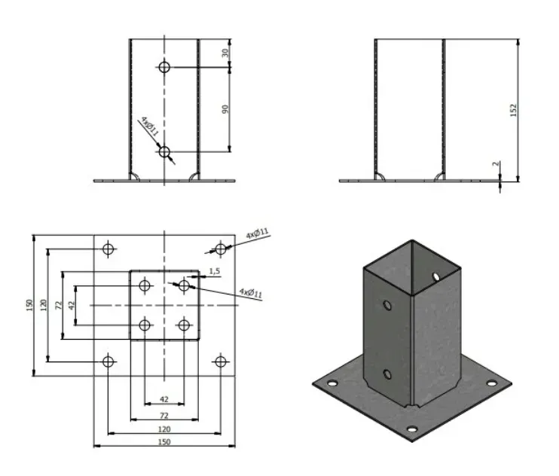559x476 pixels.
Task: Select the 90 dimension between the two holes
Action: pos(225,109)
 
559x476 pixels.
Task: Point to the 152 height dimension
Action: pos(514,110)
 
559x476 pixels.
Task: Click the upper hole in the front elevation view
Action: pos(165,67)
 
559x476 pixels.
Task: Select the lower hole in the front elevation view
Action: pos(165,152)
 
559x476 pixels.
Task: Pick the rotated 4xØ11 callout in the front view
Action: pos(148,127)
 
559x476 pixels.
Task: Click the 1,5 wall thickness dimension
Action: pos(214,270)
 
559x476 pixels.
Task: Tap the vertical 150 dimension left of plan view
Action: pos(29,305)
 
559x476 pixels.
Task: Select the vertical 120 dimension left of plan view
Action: pos(44,305)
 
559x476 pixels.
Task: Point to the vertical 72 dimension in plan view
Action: pos(59,305)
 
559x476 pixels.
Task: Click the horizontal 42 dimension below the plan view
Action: pos(164,398)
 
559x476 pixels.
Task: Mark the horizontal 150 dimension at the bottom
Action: pos(164,442)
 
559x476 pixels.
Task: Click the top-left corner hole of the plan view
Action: pos(108,249)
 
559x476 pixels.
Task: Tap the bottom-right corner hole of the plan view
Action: pos(220,362)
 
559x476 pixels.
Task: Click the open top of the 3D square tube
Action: pos(411,267)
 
